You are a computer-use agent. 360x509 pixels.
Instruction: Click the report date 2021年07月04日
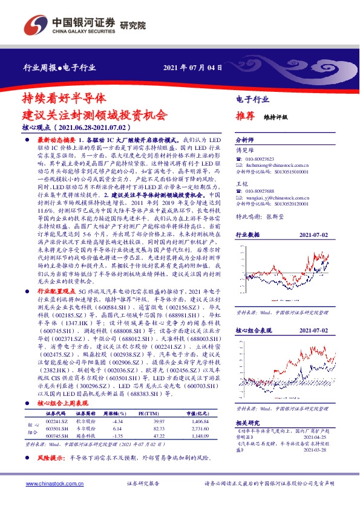point(189,66)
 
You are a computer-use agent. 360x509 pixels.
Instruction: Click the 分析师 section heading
point(245,138)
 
